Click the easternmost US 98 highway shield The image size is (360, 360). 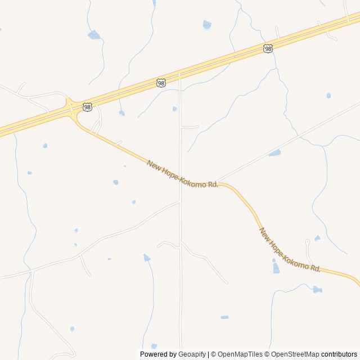click(x=268, y=49)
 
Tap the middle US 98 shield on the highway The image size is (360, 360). click(x=161, y=83)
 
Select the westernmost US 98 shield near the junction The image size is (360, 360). click(x=87, y=106)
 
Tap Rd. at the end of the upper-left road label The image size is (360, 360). click(x=213, y=184)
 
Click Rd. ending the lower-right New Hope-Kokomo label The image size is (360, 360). click(x=315, y=269)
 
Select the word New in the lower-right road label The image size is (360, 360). click(x=263, y=233)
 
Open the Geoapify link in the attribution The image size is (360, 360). click(x=192, y=354)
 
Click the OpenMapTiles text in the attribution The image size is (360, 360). click(x=240, y=354)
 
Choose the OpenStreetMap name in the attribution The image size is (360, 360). click(x=295, y=354)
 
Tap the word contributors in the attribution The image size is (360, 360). click(x=339, y=354)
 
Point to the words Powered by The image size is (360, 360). click(x=158, y=354)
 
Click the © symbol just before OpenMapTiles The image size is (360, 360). click(x=214, y=354)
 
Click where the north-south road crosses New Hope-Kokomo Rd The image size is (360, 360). click(x=181, y=178)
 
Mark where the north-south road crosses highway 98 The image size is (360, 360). click(x=179, y=75)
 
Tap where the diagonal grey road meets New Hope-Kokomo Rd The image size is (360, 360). click(x=217, y=182)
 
